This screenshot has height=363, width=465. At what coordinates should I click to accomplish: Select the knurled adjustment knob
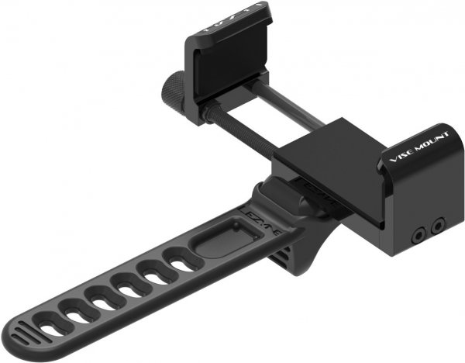pyautogui.click(x=172, y=96)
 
